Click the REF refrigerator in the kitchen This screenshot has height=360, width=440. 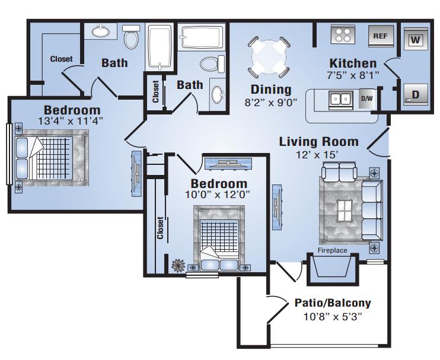pyautogui.click(x=381, y=36)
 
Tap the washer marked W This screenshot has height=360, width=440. pyautogui.click(x=415, y=39)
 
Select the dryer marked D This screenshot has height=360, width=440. pyautogui.click(x=415, y=94)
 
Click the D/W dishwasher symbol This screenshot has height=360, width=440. pyautogui.click(x=367, y=98)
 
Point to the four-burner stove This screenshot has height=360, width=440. pyautogui.click(x=343, y=34)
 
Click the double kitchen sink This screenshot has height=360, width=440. pyautogui.click(x=340, y=99)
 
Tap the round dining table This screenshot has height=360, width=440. pyautogui.click(x=269, y=57)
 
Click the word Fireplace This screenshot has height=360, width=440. pyautogui.click(x=332, y=250)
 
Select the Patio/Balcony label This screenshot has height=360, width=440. pyautogui.click(x=333, y=303)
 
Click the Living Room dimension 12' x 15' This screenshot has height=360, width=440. pyautogui.click(x=317, y=155)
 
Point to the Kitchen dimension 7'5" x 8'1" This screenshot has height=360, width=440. pyautogui.click(x=353, y=75)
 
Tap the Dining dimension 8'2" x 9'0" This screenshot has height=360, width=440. pyautogui.click(x=271, y=103)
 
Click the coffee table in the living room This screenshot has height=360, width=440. pyautogui.click(x=345, y=211)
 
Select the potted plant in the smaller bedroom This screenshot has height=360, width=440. pyautogui.click(x=178, y=265)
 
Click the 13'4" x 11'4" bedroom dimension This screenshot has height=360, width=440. pyautogui.click(x=71, y=121)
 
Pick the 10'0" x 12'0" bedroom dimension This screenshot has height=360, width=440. pyautogui.click(x=218, y=195)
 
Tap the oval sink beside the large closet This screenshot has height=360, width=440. pyautogui.click(x=101, y=31)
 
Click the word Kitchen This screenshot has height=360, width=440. pyautogui.click(x=353, y=63)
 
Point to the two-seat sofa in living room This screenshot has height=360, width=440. pyautogui.click(x=340, y=172)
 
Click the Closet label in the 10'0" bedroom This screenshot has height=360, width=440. pyautogui.click(x=160, y=228)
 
